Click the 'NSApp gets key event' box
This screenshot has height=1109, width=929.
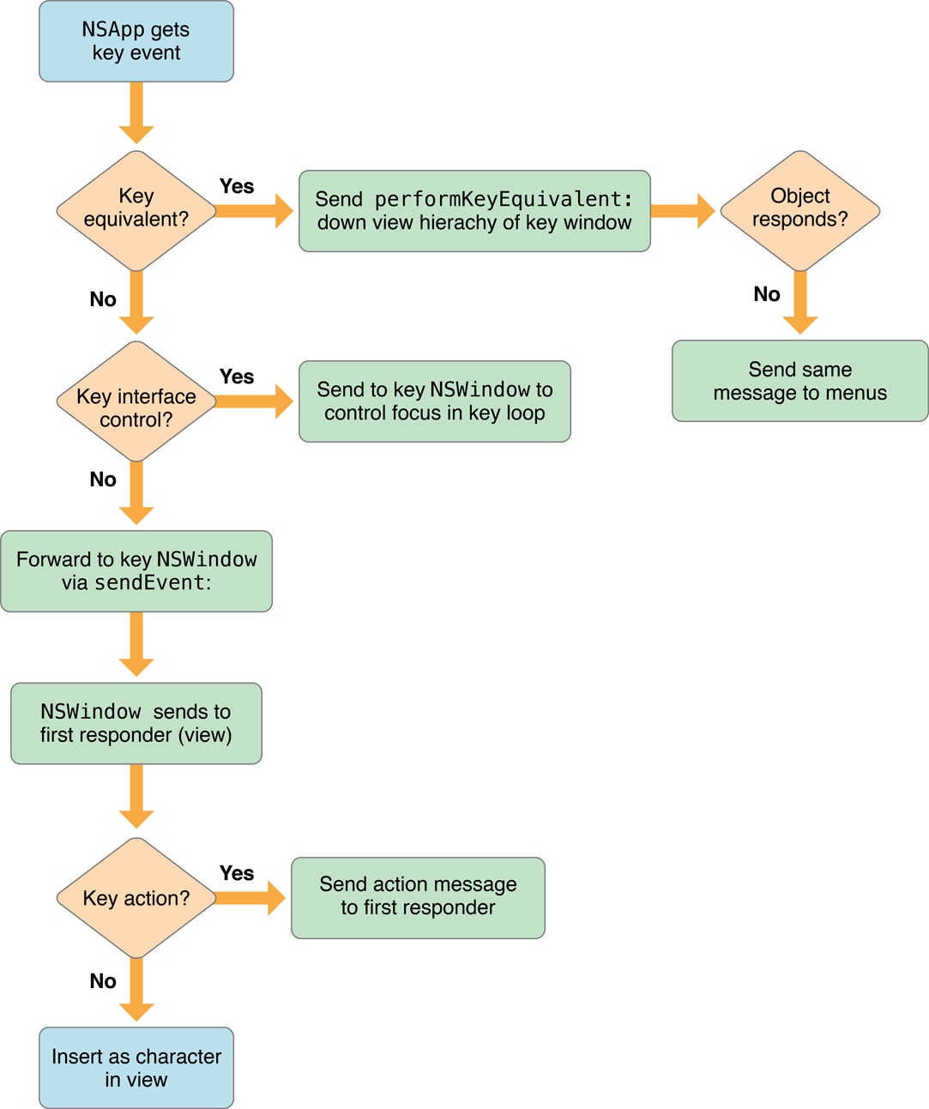click(136, 41)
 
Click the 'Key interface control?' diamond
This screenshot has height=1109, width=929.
click(136, 401)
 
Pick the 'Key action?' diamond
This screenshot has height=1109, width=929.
click(136, 898)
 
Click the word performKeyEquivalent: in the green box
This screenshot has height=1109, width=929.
click(504, 199)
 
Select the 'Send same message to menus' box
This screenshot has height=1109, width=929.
click(799, 381)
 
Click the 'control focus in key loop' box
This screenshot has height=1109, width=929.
click(434, 401)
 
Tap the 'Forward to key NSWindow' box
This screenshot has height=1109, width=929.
click(136, 571)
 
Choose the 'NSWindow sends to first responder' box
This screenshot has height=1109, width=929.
click(136, 723)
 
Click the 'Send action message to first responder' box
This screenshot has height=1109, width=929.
click(418, 897)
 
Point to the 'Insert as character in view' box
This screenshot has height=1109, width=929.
click(136, 1068)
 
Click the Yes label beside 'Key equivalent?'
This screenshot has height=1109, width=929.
click(237, 186)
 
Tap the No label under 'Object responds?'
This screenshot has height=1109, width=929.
click(767, 294)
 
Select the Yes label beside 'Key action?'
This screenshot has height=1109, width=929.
click(237, 873)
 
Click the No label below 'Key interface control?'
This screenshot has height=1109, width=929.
click(103, 479)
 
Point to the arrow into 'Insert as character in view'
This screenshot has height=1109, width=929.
click(136, 991)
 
